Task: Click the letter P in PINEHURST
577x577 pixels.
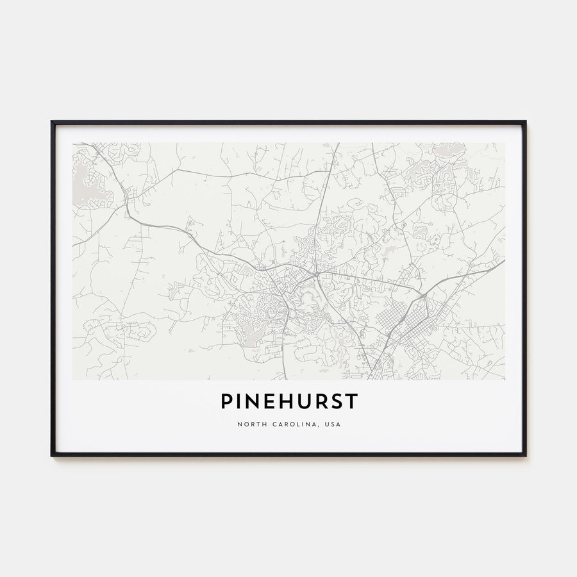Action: (226, 402)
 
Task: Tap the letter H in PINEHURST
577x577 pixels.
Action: (279, 402)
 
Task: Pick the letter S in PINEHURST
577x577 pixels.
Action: (335, 402)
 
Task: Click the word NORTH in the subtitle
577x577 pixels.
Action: (249, 424)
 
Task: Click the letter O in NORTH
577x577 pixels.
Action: (244, 424)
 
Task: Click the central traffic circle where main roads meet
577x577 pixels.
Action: (317, 274)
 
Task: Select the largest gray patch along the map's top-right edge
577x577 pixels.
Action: (449, 150)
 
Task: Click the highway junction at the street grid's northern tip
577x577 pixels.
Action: (424, 295)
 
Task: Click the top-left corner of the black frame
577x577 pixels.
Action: (52, 122)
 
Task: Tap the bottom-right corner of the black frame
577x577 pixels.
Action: (525, 455)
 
